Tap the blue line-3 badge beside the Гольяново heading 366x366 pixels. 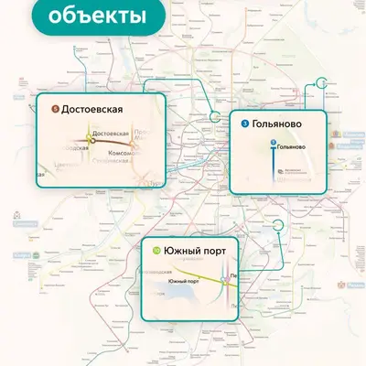(x=245, y=123)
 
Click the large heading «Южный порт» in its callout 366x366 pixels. (x=196, y=250)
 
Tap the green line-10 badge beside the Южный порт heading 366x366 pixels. (x=156, y=250)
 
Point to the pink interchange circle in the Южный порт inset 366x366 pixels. (x=226, y=281)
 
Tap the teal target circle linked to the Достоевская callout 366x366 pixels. (x=215, y=117)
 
